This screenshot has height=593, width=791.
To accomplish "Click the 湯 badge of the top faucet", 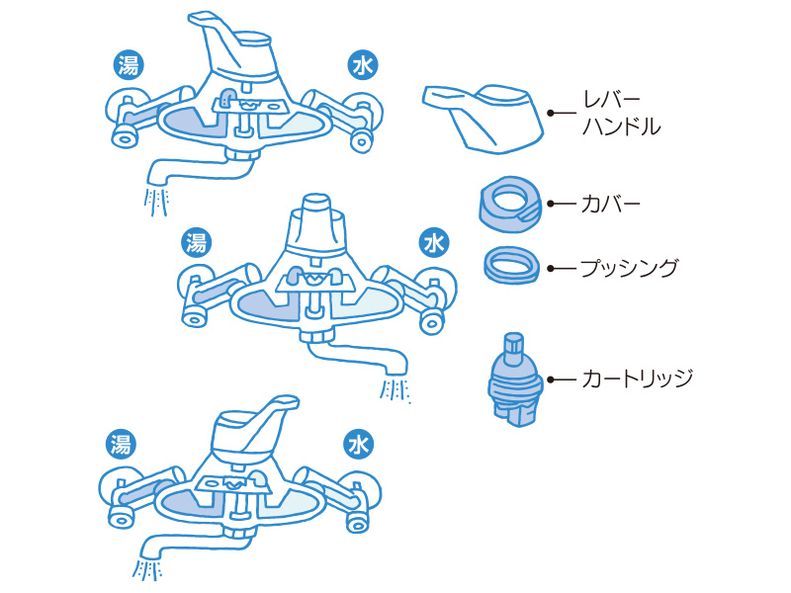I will [128, 66].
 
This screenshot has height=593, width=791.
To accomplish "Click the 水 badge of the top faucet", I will [362, 66].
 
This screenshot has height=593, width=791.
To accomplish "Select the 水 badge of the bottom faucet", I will [357, 444].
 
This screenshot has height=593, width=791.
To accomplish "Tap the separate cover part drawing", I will [511, 204].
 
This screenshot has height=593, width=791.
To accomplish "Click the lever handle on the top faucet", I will [237, 49].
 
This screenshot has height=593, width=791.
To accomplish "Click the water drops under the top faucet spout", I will [157, 202].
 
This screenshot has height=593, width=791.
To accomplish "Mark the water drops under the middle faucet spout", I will [395, 390].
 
